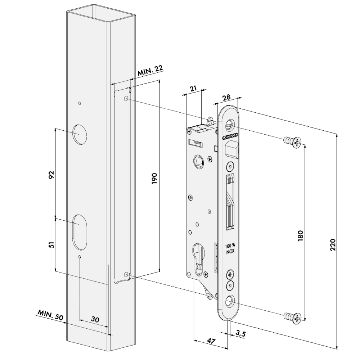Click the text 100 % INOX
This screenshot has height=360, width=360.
click(x=230, y=249)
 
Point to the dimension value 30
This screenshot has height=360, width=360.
click(x=95, y=319)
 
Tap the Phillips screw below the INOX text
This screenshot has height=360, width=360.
click(x=229, y=275)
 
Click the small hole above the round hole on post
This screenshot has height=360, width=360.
click(x=80, y=103)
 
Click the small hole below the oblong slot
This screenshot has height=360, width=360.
click(x=80, y=257)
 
